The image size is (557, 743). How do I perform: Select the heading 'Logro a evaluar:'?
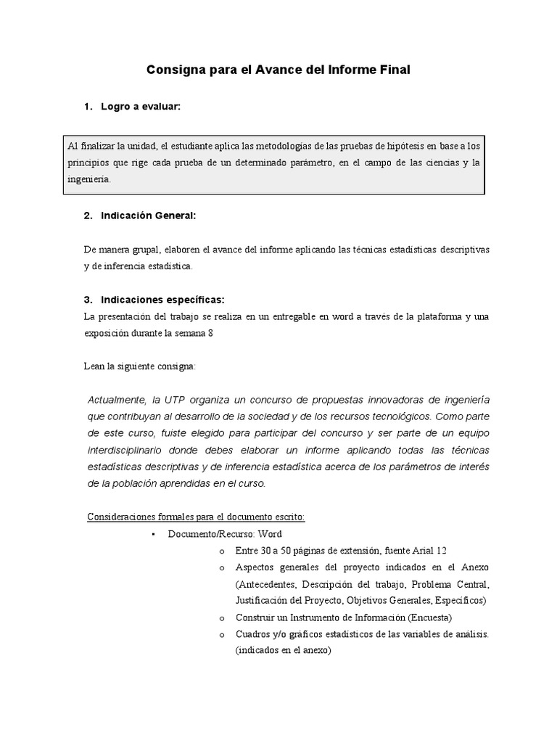pos(140,107)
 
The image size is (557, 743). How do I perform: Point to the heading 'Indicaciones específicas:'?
pos(162,299)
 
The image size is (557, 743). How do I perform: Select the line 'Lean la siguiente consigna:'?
pos(139,367)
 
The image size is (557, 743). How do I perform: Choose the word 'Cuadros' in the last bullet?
pos(252,634)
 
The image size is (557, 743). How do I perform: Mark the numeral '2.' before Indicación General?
pos(88,215)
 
